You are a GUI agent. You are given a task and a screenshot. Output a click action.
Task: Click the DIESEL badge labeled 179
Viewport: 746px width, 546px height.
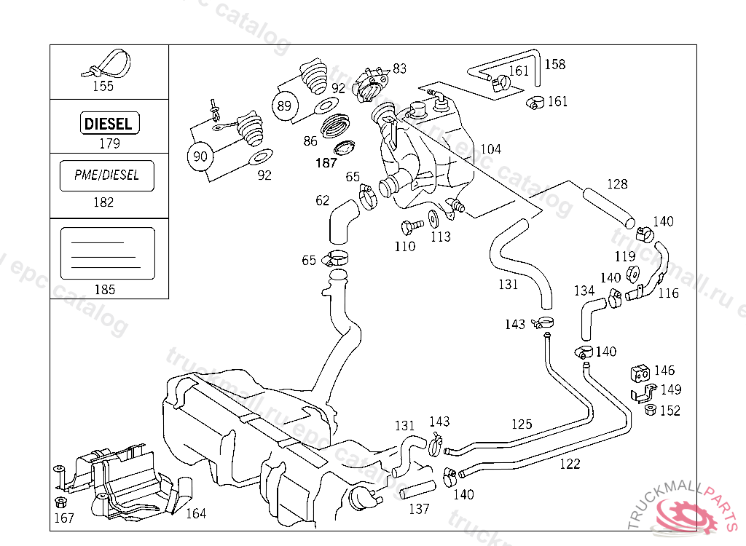click(x=109, y=123)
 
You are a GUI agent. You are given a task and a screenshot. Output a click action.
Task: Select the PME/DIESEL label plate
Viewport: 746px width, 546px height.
click(x=106, y=175)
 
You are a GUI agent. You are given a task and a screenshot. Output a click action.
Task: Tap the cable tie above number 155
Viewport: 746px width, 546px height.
click(x=103, y=64)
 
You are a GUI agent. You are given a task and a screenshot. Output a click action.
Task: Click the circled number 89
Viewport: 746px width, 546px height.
click(x=285, y=106)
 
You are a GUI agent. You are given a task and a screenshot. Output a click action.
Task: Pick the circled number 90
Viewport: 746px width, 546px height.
click(x=200, y=155)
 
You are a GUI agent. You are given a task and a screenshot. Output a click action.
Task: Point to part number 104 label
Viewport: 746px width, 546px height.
click(x=490, y=149)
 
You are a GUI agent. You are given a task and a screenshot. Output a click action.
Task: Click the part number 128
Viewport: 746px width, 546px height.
click(x=616, y=184)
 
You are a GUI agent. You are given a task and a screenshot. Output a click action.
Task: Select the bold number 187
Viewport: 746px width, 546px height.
click(x=326, y=163)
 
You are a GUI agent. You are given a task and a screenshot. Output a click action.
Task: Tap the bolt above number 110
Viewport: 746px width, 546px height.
click(x=411, y=226)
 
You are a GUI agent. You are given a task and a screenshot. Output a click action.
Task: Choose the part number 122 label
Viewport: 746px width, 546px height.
click(x=570, y=464)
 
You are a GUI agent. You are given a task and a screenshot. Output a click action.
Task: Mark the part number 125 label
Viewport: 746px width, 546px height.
click(x=522, y=424)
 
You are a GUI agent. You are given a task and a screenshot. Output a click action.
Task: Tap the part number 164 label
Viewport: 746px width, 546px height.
click(x=195, y=513)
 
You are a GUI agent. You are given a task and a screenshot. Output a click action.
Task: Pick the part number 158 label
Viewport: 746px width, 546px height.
click(x=554, y=64)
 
